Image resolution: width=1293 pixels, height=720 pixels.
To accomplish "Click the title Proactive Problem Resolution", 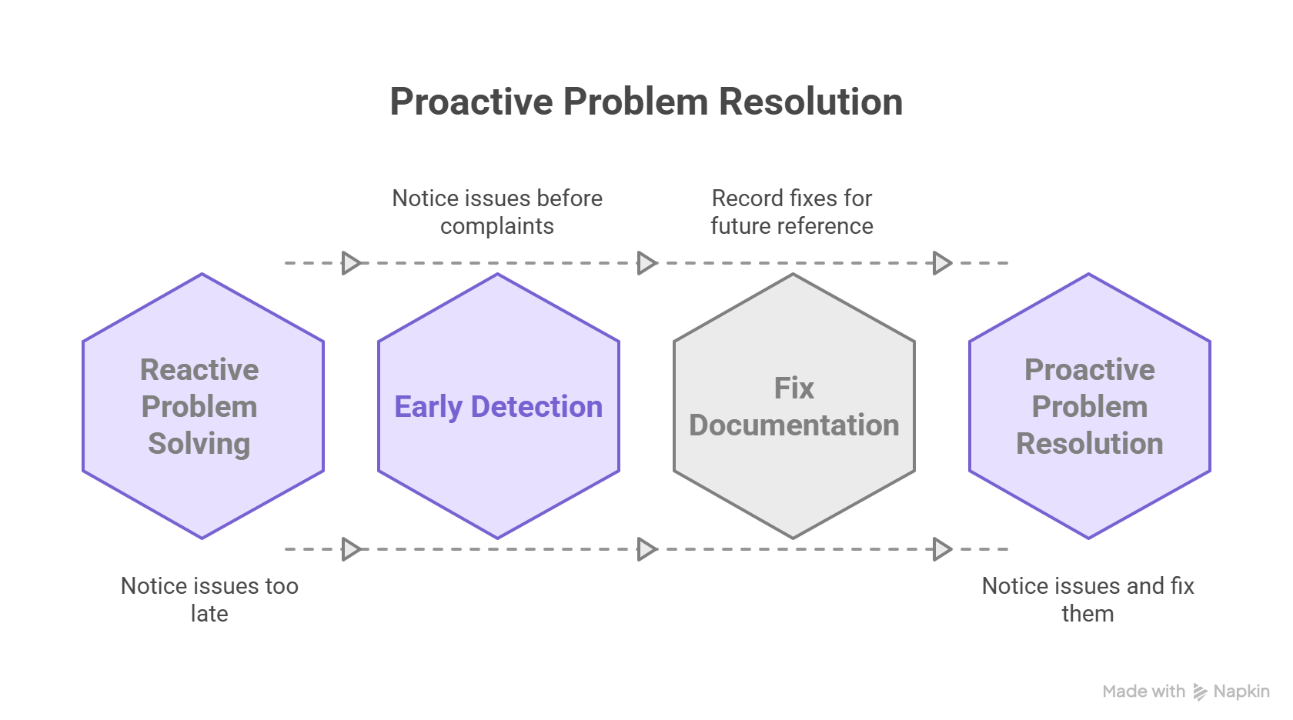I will pos(646,102).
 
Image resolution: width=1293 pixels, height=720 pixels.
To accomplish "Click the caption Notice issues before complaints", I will pos(497,212).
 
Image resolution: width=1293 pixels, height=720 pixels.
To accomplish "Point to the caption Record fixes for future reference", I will pos(791,212).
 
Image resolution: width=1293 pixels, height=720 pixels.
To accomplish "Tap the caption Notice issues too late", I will pos(209,599).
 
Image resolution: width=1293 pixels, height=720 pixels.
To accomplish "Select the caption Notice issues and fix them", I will pos(1088,599).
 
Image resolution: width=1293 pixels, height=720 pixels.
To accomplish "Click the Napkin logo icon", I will pos(1200,692).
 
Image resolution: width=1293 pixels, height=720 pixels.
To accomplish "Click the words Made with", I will pos(1144,692).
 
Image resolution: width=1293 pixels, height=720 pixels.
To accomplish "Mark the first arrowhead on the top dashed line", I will pos(352,263).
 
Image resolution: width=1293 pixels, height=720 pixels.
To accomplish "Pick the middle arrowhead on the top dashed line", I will pos(647,263).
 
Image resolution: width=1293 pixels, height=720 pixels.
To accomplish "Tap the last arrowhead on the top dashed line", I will pos(943,263).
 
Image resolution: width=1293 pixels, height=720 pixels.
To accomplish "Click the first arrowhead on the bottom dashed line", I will pos(352,549).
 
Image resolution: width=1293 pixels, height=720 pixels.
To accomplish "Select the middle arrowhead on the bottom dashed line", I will pos(647,549).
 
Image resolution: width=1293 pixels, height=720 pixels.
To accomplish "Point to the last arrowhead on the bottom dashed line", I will pos(943,549).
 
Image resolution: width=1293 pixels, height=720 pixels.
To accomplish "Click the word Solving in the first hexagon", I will pos(199,444).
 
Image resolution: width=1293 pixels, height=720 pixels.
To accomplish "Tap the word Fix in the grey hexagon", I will pos(794,388).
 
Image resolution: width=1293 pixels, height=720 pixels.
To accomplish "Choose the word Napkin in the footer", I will pos(1241,692).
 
